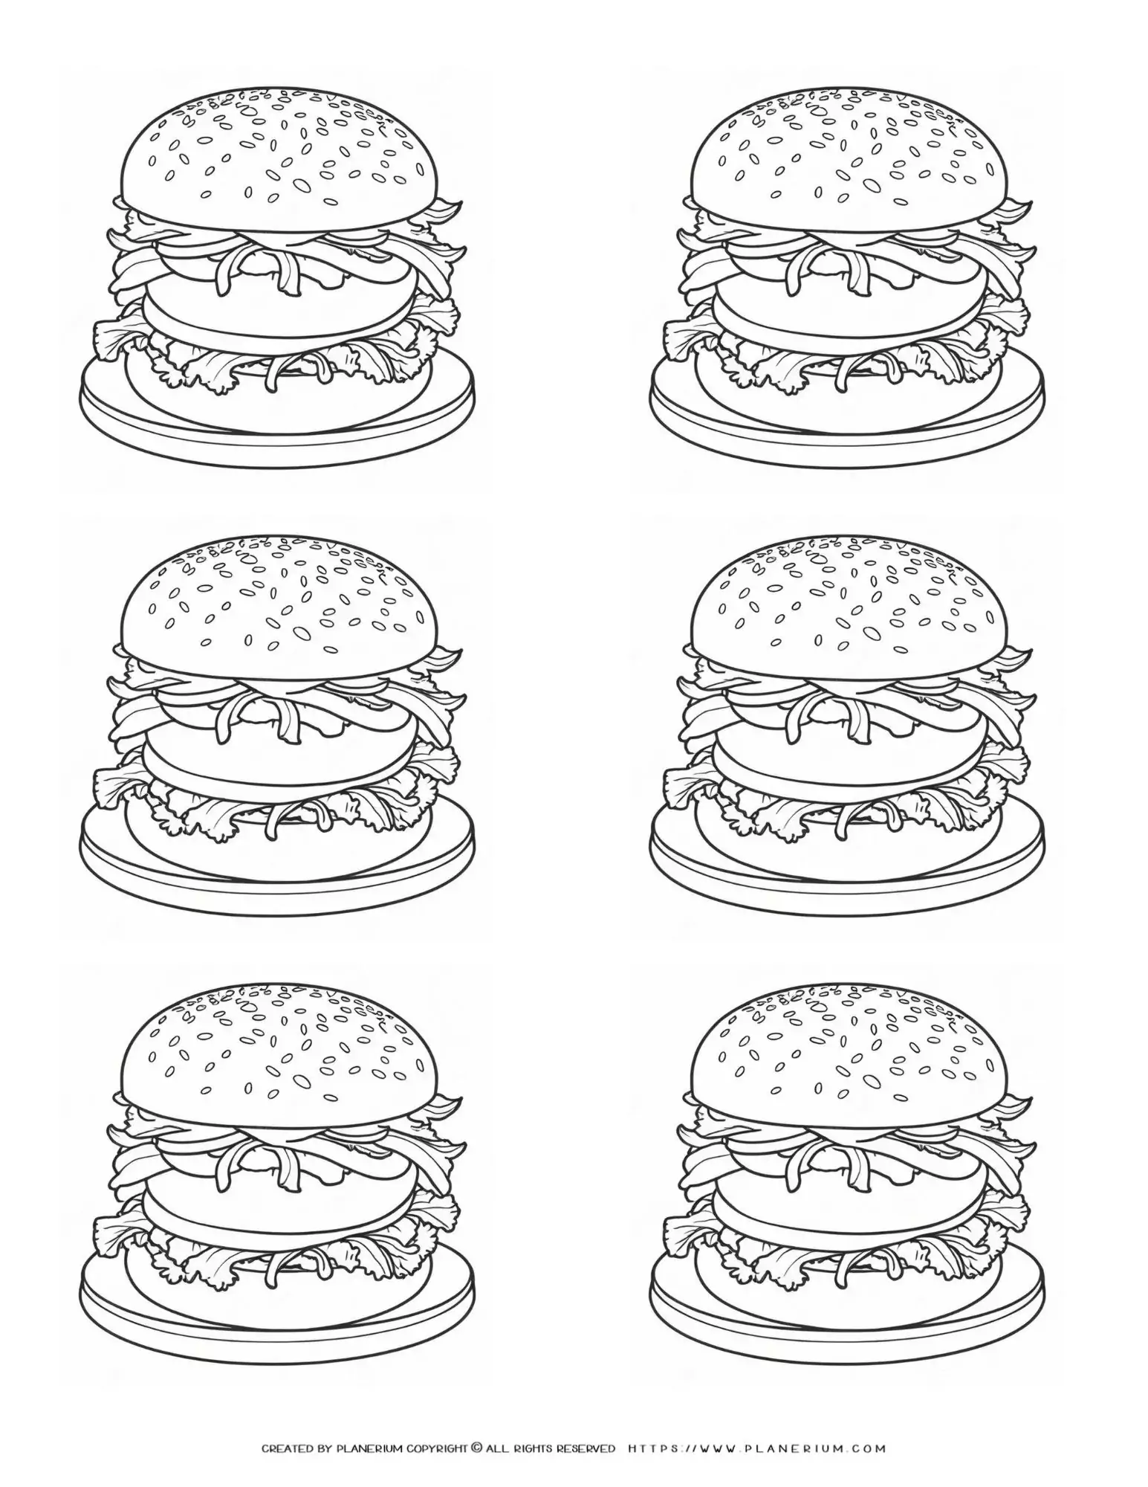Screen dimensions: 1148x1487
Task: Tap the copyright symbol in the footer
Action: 476,1448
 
